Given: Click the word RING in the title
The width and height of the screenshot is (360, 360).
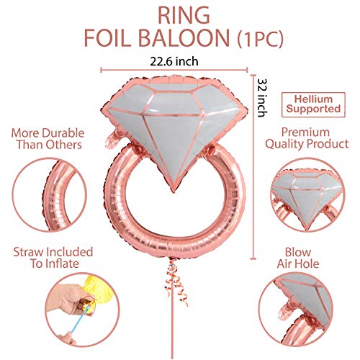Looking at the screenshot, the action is tap(184, 16).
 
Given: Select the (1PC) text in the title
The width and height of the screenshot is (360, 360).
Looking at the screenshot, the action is tap(261, 39).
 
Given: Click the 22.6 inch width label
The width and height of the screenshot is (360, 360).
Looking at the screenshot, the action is tap(174, 61).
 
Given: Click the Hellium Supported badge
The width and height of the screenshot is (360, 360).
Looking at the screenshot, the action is tap(313, 104).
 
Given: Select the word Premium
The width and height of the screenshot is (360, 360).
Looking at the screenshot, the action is tap(305, 132).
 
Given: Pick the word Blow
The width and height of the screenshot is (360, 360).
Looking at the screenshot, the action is tap(298, 252).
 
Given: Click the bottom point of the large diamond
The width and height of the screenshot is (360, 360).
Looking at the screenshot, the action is tap(174, 192).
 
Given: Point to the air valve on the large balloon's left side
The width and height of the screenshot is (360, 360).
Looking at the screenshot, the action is tap(112, 139).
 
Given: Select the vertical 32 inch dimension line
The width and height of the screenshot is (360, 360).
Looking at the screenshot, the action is tap(253, 167).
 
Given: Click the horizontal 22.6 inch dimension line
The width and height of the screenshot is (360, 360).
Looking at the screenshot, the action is tap(174, 70).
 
